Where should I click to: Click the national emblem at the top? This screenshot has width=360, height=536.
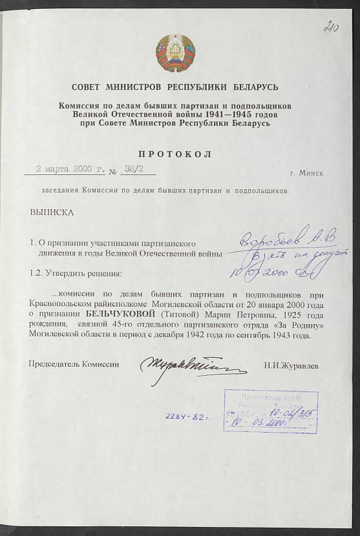(x=175, y=54)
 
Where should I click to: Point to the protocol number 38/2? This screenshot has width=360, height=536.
(x=132, y=170)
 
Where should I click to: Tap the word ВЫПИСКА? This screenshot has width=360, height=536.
(x=52, y=212)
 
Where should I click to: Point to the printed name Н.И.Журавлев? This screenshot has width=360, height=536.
(x=291, y=366)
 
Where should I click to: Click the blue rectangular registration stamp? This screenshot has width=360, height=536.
(x=270, y=411)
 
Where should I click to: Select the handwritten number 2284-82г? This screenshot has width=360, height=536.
(x=188, y=418)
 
